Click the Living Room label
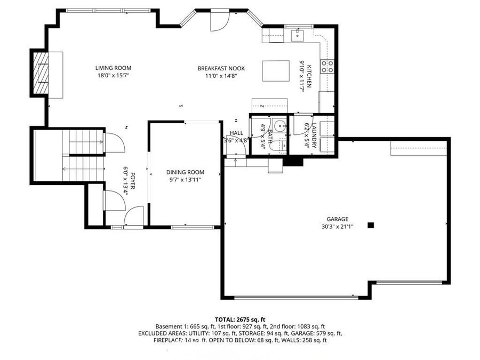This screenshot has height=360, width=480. [113, 68]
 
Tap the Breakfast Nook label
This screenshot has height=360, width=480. [221, 68]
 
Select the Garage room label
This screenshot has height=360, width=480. [337, 219]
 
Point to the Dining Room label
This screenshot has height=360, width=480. [185, 172]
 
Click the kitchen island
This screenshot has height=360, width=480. [275, 70]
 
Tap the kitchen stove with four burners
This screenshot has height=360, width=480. [327, 66]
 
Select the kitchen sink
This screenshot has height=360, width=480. [297, 36]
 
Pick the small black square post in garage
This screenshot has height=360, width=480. [371, 225]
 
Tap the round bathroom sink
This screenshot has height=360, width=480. [281, 126]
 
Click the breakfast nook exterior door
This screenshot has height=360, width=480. [219, 21]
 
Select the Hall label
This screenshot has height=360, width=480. [236, 133]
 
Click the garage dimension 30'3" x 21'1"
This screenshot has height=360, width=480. [337, 226]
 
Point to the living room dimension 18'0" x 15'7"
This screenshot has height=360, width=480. [113, 76]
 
